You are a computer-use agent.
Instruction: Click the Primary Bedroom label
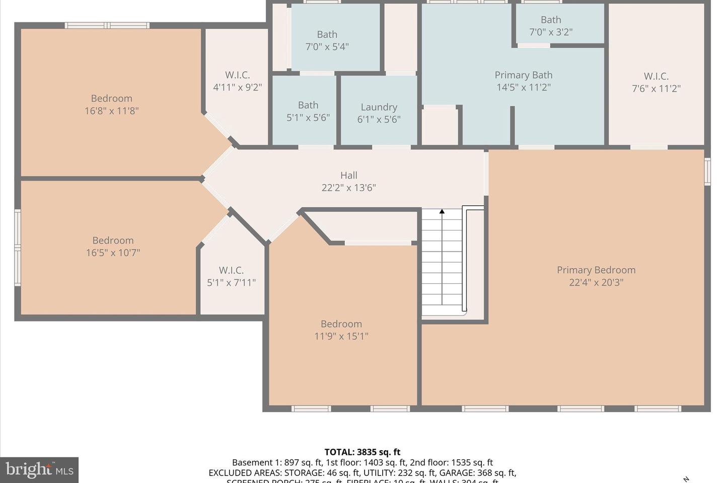(x=596, y=270)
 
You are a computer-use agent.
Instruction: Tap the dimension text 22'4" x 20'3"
(x=596, y=283)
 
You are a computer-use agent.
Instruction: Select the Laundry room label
(x=379, y=107)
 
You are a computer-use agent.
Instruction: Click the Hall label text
(x=348, y=176)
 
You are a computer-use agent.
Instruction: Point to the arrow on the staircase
(x=442, y=212)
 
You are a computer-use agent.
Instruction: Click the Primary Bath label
(x=523, y=75)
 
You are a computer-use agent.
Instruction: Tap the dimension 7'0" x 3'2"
(x=550, y=32)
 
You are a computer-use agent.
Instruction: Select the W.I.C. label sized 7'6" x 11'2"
(x=656, y=76)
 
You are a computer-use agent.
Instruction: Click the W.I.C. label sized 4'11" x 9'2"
(x=237, y=75)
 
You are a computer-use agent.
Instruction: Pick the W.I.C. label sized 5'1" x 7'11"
(x=231, y=271)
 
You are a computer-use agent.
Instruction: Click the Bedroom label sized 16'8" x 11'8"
(x=111, y=99)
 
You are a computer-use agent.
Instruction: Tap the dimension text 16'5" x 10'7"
(x=113, y=253)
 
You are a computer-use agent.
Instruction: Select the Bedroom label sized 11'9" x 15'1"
(x=341, y=324)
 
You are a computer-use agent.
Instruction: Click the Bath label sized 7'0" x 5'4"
(x=327, y=35)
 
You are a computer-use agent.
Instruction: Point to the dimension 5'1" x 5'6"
(x=308, y=118)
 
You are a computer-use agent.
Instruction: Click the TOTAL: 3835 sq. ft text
(x=362, y=452)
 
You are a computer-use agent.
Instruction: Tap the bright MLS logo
(x=39, y=470)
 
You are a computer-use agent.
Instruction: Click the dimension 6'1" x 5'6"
(x=379, y=120)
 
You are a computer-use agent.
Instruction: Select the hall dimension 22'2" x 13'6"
(x=348, y=188)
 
